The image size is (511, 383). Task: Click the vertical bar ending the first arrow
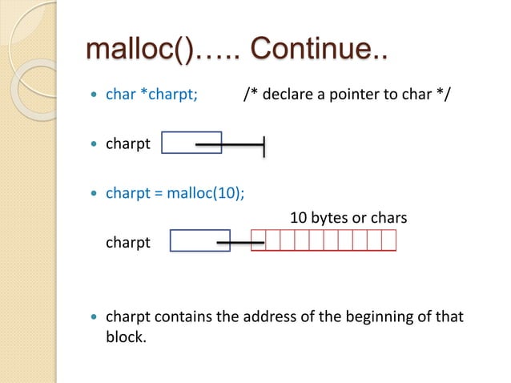click(264, 146)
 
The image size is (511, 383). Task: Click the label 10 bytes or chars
click(348, 217)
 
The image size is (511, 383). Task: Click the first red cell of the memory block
click(258, 240)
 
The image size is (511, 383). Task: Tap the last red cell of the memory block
click(389, 240)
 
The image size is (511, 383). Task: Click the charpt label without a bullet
click(128, 241)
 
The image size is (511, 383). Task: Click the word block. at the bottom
click(127, 337)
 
